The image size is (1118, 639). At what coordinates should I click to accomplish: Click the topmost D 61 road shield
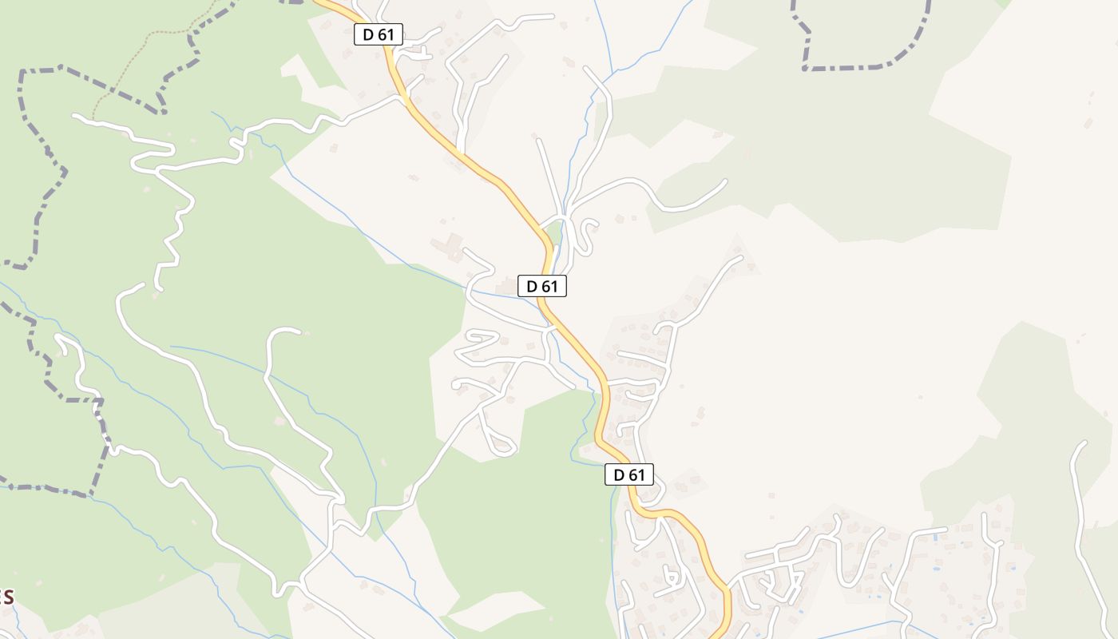379,34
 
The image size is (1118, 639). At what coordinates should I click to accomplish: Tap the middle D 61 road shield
542,286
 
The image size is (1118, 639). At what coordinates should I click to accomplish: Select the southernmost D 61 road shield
629,474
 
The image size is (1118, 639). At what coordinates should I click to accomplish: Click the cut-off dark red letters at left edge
6,597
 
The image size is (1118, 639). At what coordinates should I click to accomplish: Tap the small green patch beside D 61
553,234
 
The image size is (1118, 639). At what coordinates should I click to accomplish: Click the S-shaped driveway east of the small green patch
587,236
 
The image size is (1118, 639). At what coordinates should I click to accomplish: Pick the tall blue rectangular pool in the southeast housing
936,537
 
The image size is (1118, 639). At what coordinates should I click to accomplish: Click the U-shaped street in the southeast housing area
854,551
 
